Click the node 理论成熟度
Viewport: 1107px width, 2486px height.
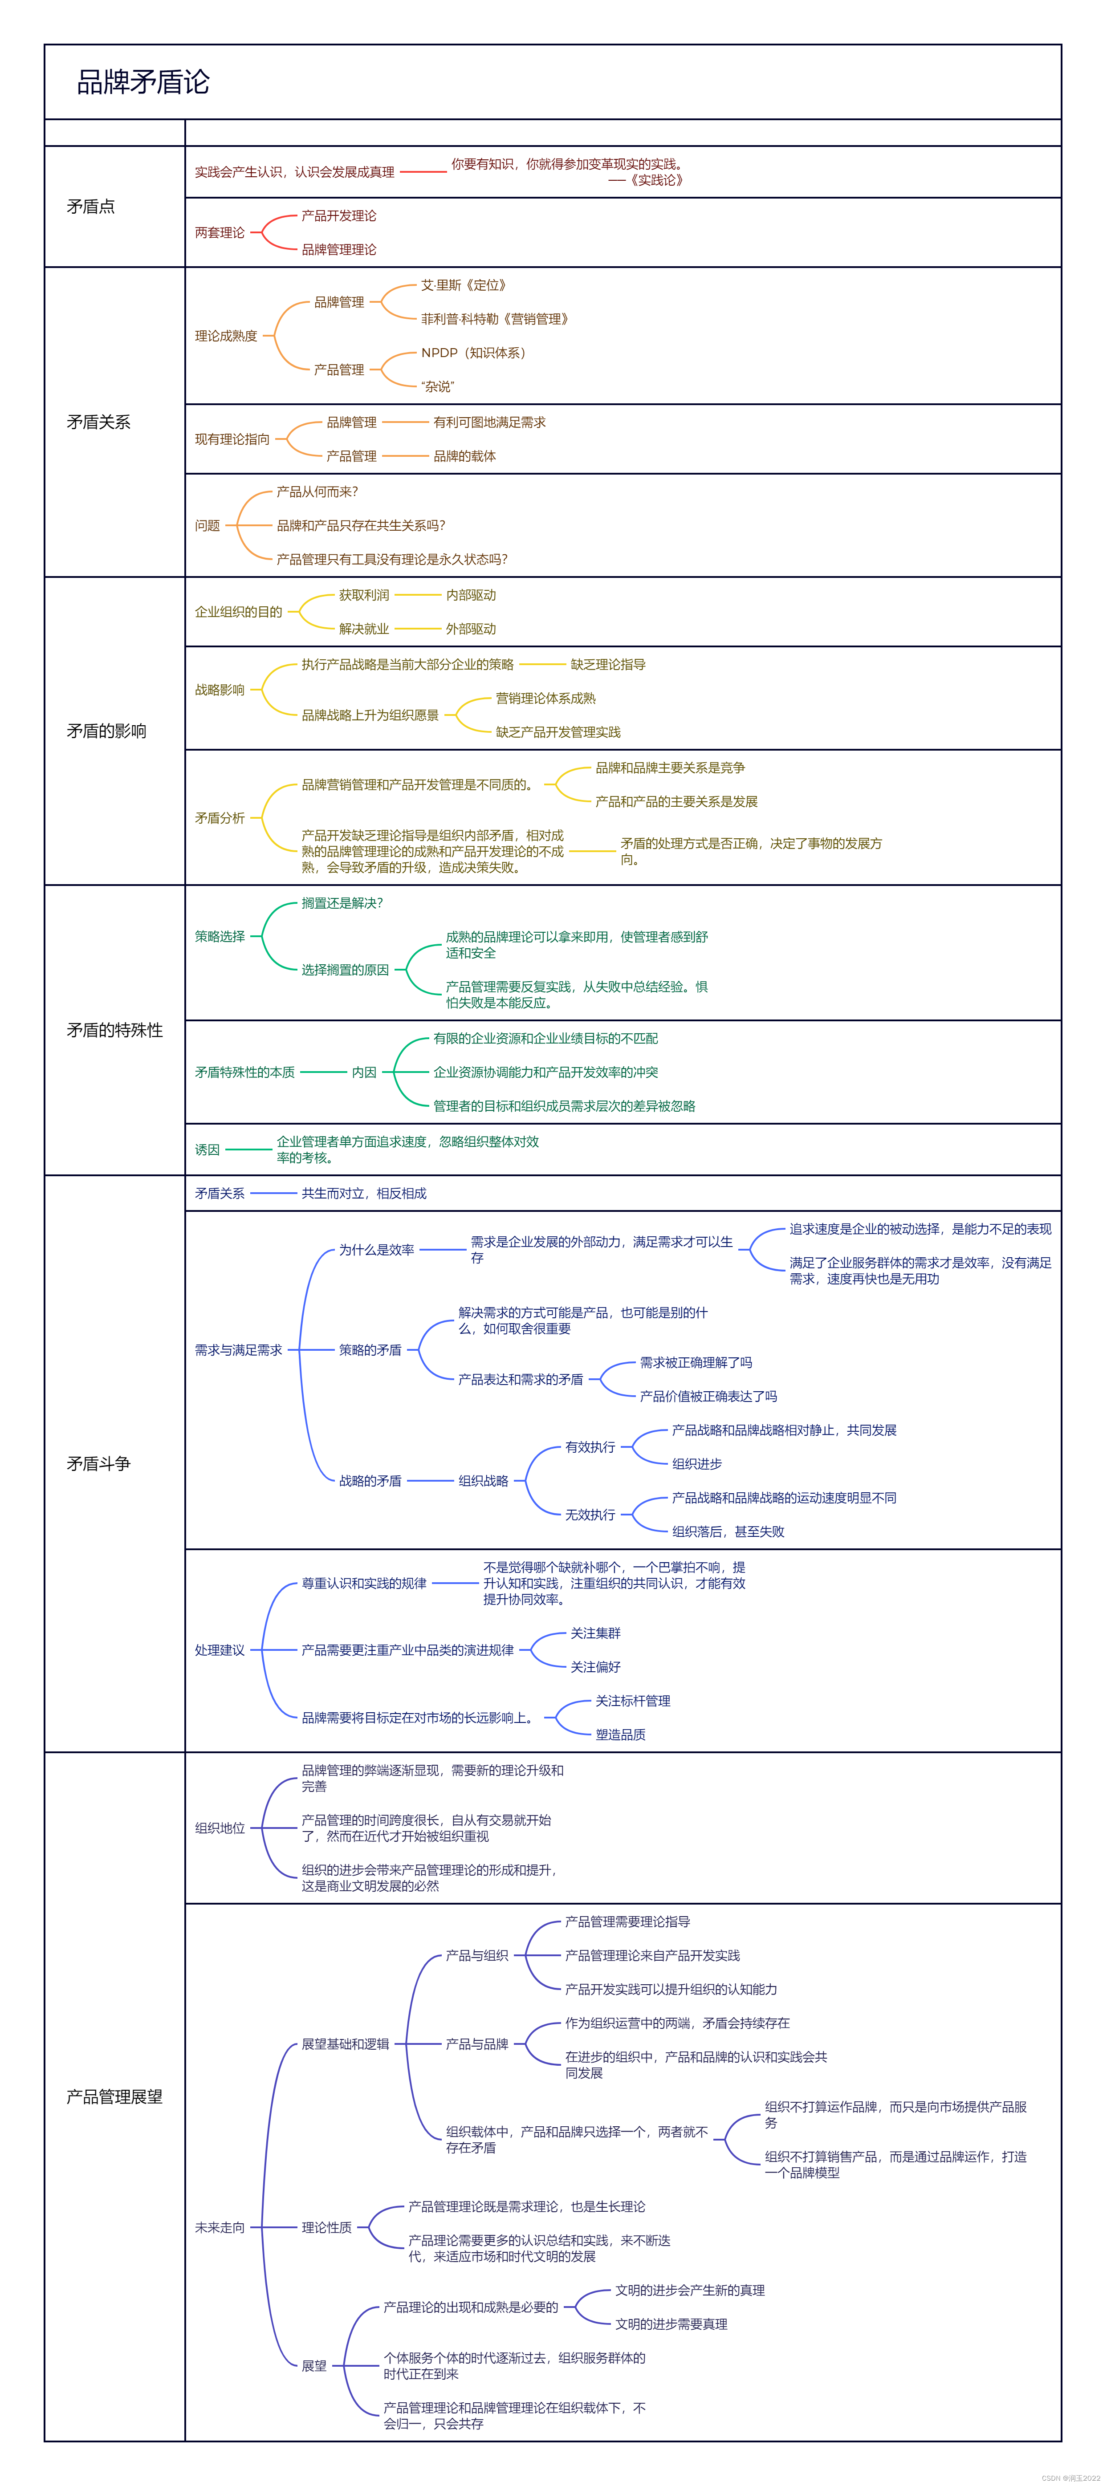[x=226, y=336]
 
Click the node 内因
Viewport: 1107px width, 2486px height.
[x=364, y=1072]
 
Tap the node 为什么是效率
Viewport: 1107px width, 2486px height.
[x=376, y=1250]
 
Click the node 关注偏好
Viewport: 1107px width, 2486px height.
[x=595, y=1667]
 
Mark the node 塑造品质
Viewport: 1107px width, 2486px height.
[x=621, y=1734]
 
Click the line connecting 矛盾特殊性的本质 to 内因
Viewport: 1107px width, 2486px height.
[x=323, y=1072]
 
